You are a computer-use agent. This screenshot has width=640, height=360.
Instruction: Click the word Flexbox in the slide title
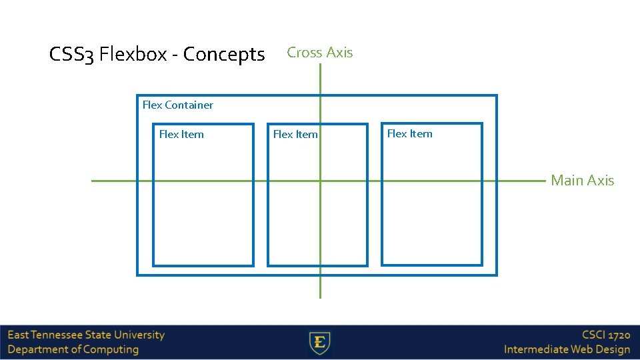click(x=133, y=54)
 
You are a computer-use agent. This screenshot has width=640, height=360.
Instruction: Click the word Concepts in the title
click(x=223, y=54)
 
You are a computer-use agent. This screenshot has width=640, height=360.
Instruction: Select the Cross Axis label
click(x=319, y=53)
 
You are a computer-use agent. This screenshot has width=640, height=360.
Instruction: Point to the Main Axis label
click(x=582, y=180)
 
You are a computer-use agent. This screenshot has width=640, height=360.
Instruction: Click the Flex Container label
click(x=178, y=105)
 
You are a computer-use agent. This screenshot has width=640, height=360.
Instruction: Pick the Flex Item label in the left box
click(x=181, y=134)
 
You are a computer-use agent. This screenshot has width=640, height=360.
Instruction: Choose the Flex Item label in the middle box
click(x=295, y=135)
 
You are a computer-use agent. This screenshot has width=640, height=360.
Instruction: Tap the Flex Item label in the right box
click(x=409, y=133)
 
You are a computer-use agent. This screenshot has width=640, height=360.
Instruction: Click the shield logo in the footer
click(x=320, y=343)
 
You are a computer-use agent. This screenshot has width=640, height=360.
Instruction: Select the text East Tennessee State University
click(x=86, y=335)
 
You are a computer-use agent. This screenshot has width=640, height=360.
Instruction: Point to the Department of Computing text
click(x=73, y=349)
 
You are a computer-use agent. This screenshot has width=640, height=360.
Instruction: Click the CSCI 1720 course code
click(x=605, y=335)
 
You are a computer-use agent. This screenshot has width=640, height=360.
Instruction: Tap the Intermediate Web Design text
click(x=567, y=349)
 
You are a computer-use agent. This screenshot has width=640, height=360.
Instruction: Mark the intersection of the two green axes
click(x=320, y=180)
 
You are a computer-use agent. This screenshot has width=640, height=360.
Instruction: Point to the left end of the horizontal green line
click(x=93, y=180)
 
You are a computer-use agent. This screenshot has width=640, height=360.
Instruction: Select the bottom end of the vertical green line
click(x=320, y=297)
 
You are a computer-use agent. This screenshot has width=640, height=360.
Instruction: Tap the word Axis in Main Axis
click(x=600, y=180)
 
